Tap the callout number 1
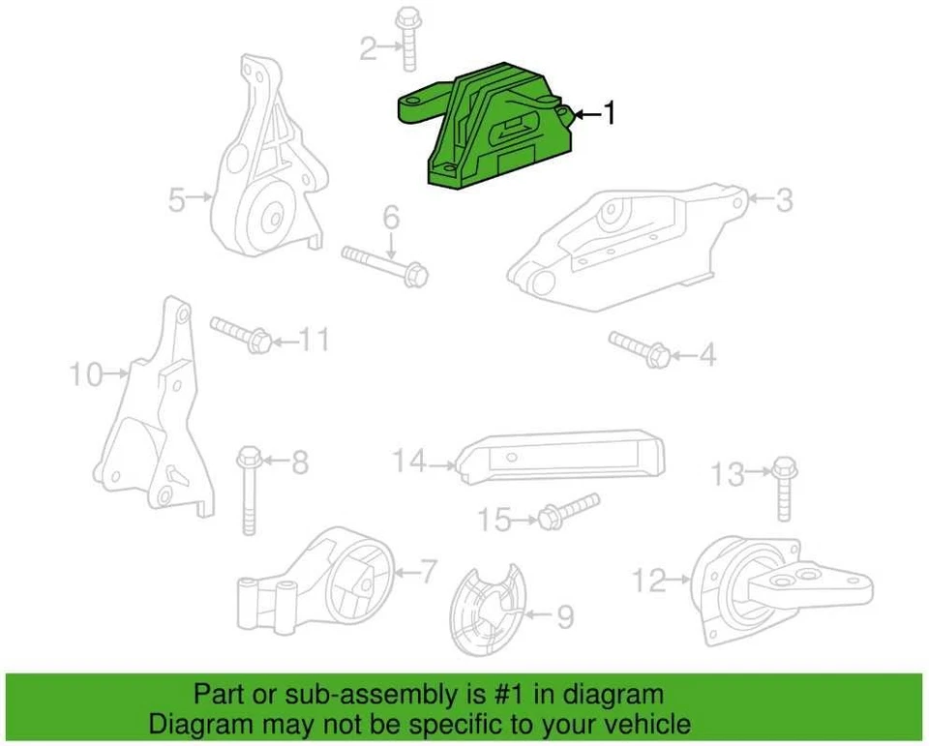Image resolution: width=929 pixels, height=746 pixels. (x=609, y=114)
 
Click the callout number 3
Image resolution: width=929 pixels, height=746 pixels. (x=785, y=200)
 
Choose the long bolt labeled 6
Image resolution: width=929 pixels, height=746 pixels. (x=387, y=264)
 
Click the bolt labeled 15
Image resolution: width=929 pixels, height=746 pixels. (x=566, y=509)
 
